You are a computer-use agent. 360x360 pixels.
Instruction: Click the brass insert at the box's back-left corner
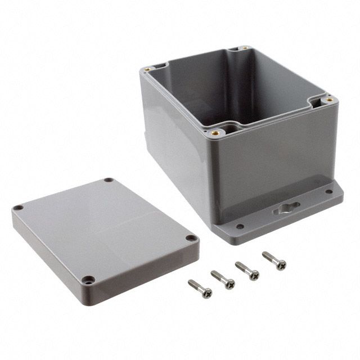tap(147, 70)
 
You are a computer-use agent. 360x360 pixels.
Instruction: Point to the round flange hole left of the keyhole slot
tap(240, 227)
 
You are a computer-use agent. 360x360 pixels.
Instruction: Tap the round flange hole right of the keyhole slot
tap(328, 191)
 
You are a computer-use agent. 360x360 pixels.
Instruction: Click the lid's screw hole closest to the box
tap(108, 181)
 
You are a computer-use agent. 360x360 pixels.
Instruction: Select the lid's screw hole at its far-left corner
tap(19, 208)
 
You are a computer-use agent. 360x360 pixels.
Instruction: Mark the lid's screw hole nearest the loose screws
tap(191, 238)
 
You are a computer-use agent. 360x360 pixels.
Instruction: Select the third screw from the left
tap(248, 270)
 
